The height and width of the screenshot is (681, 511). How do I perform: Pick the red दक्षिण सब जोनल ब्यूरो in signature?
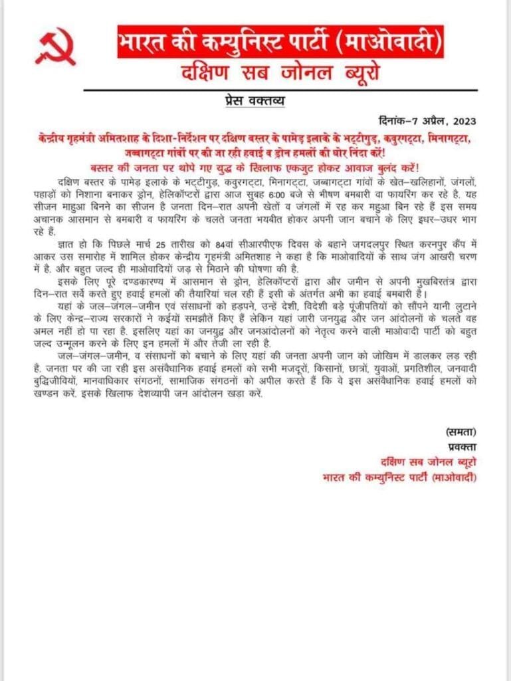pos(425,462)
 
